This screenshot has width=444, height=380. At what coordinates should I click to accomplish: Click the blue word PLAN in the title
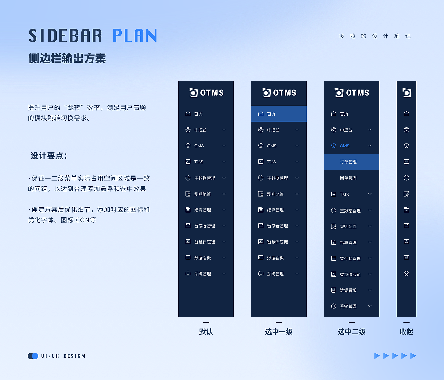tap(135, 35)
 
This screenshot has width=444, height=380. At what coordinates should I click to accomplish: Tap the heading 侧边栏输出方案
tap(67, 58)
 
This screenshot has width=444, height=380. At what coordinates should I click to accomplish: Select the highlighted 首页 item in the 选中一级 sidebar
tap(279, 114)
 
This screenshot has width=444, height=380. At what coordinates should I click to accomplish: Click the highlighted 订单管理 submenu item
tap(352, 162)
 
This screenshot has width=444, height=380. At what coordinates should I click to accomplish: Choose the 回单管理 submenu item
tap(348, 178)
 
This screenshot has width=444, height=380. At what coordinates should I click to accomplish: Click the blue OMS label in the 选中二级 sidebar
tap(344, 146)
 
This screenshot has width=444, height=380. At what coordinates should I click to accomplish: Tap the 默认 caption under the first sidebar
tap(206, 332)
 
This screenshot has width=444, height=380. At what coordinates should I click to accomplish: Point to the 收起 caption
tap(407, 332)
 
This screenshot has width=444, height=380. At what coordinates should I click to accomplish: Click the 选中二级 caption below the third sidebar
tap(352, 332)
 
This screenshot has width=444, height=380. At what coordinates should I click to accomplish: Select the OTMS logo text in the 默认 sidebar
tap(212, 93)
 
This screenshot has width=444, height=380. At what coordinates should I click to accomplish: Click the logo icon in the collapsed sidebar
tap(407, 93)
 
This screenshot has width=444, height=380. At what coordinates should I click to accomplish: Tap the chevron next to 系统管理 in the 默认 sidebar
tap(224, 274)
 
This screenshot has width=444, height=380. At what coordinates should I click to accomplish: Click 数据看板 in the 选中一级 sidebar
tap(275, 258)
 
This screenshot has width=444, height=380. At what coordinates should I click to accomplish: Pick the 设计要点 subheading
tap(49, 156)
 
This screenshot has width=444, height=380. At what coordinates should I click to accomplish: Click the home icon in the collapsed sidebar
tap(407, 114)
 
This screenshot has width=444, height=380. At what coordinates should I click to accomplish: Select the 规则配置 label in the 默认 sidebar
tap(203, 194)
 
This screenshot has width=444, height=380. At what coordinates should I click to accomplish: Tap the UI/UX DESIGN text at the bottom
tap(63, 356)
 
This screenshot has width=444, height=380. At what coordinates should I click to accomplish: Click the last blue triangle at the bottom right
tap(413, 356)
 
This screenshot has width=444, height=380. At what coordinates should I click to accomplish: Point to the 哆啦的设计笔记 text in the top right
tap(375, 36)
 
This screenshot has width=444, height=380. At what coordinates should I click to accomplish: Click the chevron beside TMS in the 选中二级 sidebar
tap(370, 194)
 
